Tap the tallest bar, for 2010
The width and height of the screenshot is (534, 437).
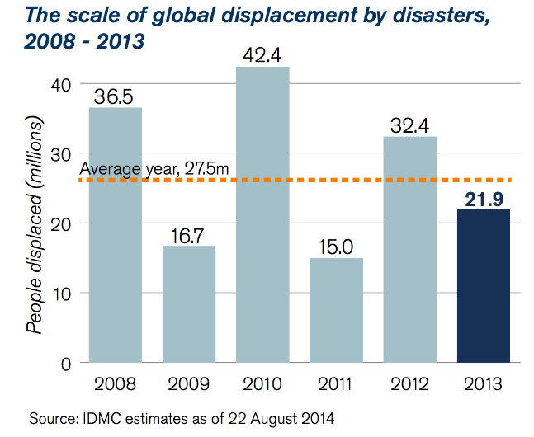coord(263,214)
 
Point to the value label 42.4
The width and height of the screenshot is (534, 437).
coord(263,55)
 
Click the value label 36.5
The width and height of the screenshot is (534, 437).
coord(116,96)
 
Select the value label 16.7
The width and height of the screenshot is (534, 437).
coord(189,234)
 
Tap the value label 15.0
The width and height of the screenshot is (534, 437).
coord(337,247)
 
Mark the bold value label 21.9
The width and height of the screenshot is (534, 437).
coord(484,198)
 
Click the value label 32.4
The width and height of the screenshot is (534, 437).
coord(410,125)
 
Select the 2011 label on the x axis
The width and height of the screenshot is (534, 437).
coord(337,383)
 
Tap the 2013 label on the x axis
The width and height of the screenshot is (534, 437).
coord(484,383)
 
